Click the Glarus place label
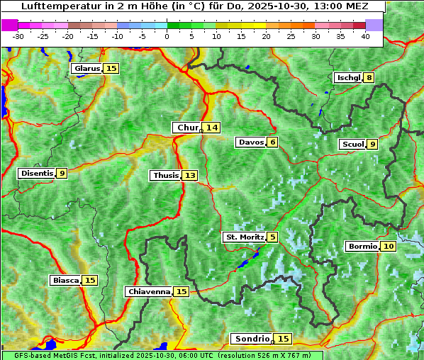(x=87, y=69)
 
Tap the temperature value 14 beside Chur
(x=212, y=128)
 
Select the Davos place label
(x=250, y=142)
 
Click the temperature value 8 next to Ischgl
(x=369, y=77)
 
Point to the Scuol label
(x=352, y=145)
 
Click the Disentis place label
(x=37, y=173)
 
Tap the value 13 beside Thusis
(x=189, y=175)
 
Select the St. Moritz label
(x=244, y=237)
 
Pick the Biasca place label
(x=65, y=281)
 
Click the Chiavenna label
(x=149, y=291)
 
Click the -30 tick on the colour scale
(x=18, y=36)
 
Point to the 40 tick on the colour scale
(x=365, y=36)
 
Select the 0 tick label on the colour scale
(x=167, y=36)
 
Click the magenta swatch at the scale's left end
(x=10, y=25)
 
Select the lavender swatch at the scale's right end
(x=374, y=25)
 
